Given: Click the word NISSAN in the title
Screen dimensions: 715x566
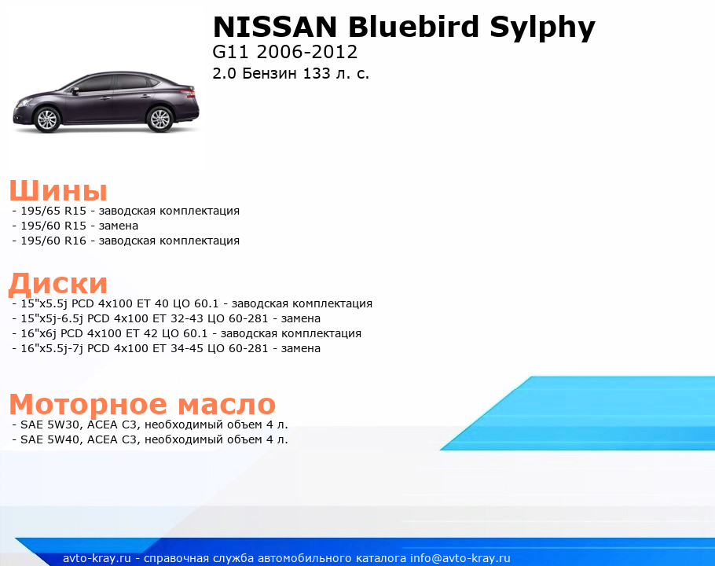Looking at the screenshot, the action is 275,27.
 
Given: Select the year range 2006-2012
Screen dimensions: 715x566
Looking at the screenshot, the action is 307,52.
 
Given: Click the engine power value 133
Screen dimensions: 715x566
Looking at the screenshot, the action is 317,73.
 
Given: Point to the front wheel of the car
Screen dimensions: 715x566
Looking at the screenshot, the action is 47,119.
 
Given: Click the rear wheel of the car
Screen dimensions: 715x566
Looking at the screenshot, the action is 159,119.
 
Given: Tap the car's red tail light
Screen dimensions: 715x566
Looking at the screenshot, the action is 189,93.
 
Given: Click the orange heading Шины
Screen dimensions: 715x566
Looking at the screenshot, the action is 58,190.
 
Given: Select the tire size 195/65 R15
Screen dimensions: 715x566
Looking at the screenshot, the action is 53,211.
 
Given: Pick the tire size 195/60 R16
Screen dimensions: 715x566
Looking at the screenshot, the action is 53,241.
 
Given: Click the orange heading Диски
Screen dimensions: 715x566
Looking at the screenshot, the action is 58,284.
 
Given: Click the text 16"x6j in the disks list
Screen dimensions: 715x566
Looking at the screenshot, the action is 38,333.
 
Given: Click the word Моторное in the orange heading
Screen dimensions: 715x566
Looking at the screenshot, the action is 89,404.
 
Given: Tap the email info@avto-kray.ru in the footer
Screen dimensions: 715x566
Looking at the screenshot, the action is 460,558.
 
